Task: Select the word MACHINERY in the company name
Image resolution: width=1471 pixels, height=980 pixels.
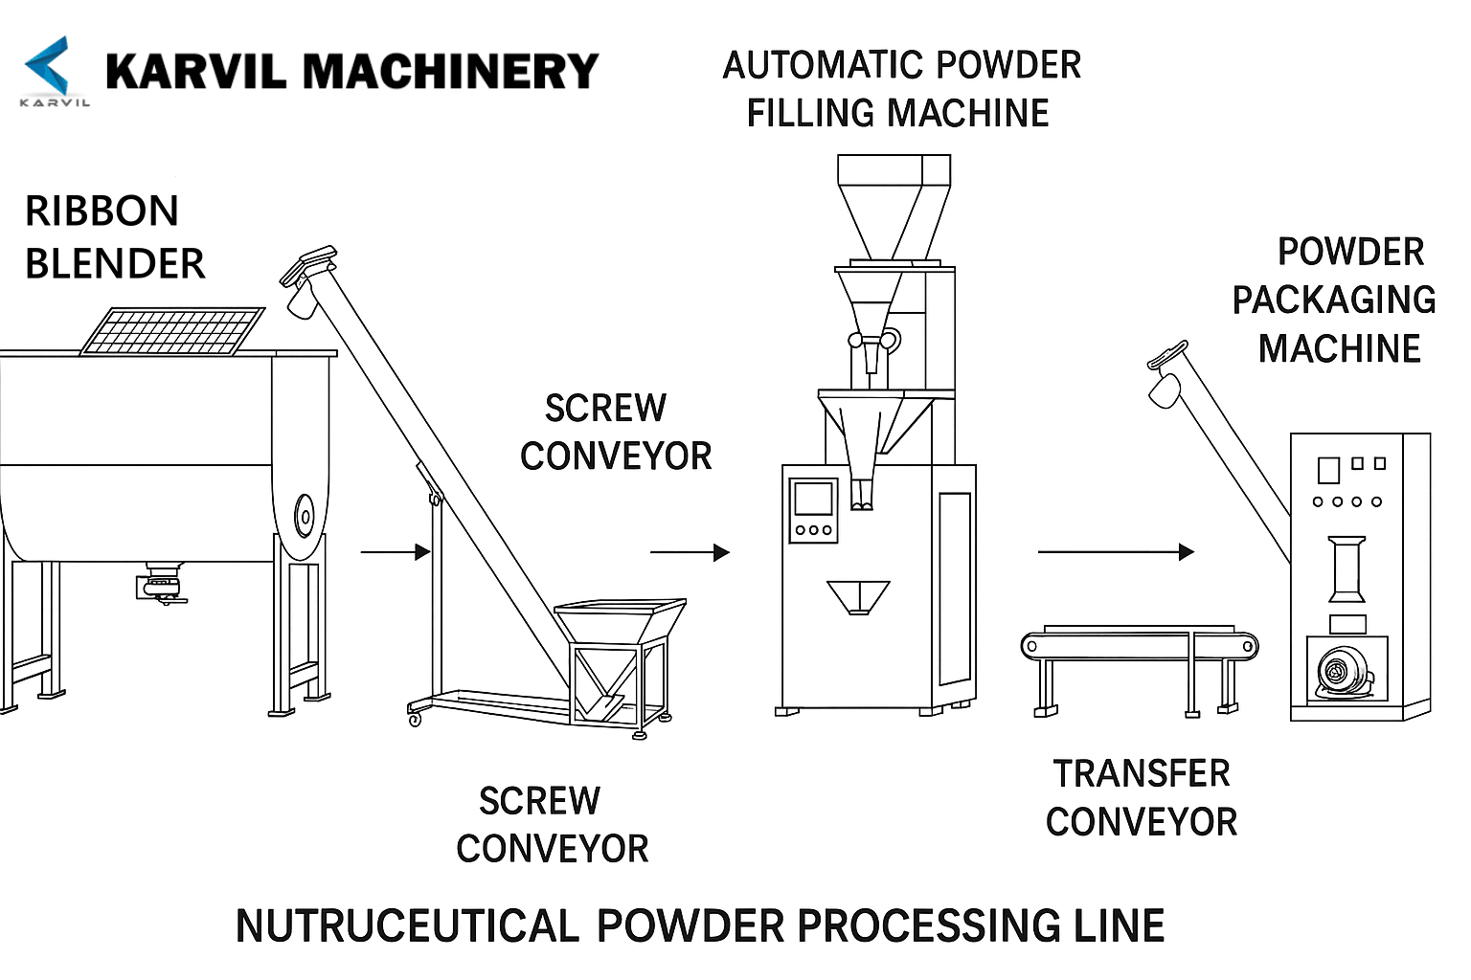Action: click(x=450, y=72)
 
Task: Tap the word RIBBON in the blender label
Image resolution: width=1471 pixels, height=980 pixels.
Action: click(x=102, y=212)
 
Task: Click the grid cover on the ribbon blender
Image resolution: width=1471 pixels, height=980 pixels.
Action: click(x=173, y=330)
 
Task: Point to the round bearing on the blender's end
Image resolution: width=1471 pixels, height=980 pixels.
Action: click(x=305, y=518)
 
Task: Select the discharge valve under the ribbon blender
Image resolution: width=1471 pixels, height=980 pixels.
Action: click(x=161, y=585)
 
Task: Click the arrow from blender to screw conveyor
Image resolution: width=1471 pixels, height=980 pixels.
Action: click(x=395, y=551)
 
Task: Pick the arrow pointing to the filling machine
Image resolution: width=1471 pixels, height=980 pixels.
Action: click(x=690, y=552)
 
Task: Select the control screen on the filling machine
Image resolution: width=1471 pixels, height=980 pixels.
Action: click(x=812, y=501)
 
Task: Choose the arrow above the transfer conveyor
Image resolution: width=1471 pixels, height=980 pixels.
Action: click(x=1116, y=552)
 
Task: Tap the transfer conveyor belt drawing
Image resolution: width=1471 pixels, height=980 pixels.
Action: click(x=1139, y=646)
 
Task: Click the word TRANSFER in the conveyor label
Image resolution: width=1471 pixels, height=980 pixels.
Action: click(x=1142, y=773)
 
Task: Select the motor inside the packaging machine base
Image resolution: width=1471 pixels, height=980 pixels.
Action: click(x=1343, y=671)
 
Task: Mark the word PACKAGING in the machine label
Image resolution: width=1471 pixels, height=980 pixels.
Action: click(x=1333, y=301)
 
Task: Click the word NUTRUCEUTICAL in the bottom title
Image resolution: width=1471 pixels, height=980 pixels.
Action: click(x=407, y=926)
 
